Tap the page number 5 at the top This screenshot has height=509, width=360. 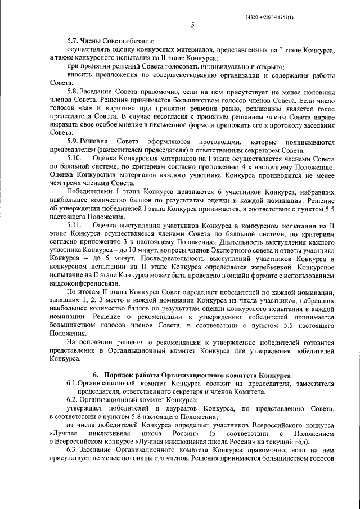point(192,25)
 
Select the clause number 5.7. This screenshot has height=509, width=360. point(73,41)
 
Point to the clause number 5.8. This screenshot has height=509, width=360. point(73,91)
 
